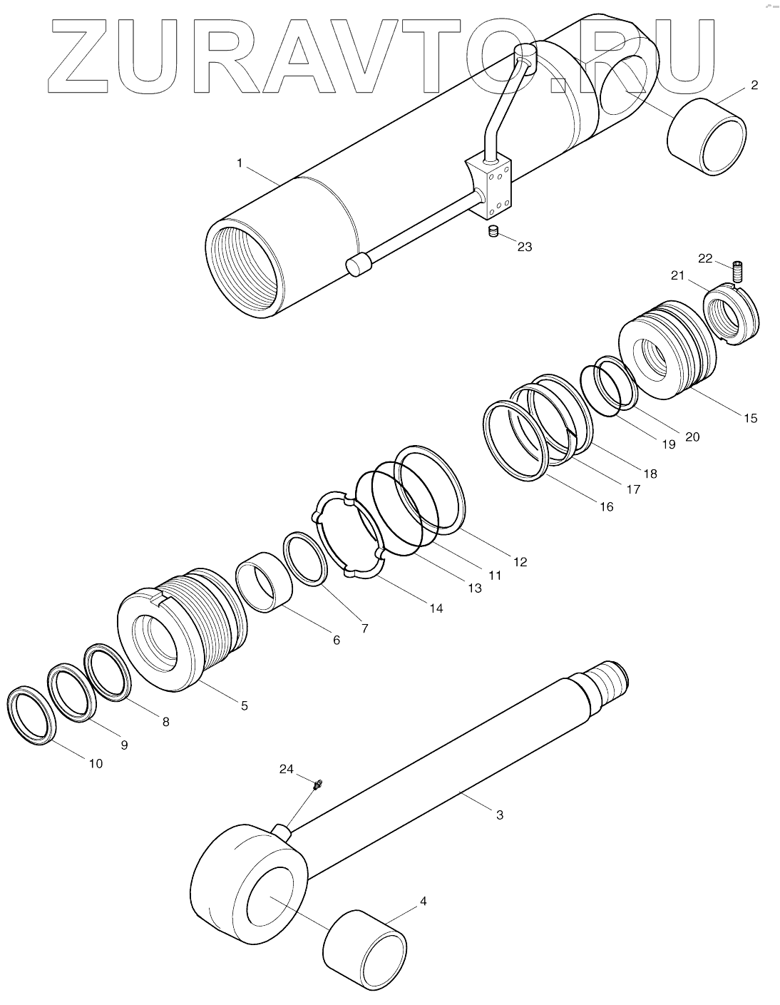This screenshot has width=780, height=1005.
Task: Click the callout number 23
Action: [x=525, y=247]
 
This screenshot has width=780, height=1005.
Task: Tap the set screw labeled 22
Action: [x=737, y=272]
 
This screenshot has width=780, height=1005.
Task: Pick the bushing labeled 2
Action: [x=707, y=137]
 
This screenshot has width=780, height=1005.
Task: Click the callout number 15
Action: [x=750, y=418]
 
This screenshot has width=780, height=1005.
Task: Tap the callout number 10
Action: [x=96, y=763]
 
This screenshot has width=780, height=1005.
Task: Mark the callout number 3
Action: [x=499, y=814]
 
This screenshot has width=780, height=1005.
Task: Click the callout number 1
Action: [x=240, y=163]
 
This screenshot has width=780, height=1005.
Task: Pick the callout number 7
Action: [x=364, y=628]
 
